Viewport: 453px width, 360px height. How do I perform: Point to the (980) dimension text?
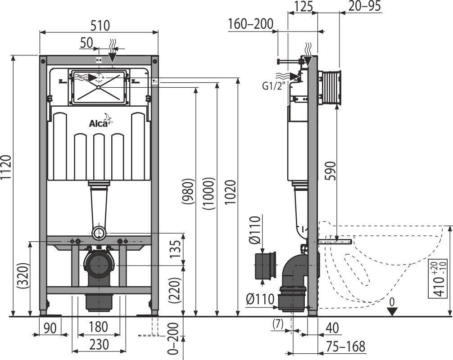(x=189, y=193)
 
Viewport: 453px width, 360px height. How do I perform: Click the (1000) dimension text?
(x=209, y=193)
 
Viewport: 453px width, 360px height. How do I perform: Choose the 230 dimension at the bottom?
(x=98, y=345)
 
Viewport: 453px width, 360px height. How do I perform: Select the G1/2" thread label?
(x=274, y=85)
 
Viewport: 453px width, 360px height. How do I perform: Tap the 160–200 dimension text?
(x=250, y=24)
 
